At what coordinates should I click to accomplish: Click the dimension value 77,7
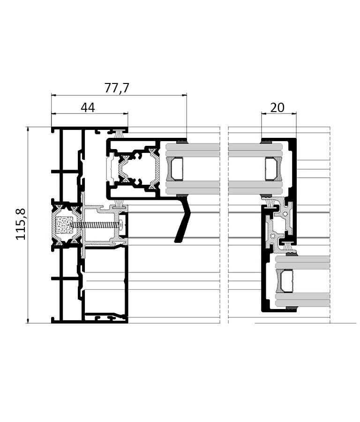tap(117, 88)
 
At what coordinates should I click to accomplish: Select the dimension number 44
tap(88, 108)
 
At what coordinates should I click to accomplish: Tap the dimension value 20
tap(277, 108)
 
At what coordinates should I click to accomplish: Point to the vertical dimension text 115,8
tap(21, 224)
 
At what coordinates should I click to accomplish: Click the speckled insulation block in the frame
tap(64, 225)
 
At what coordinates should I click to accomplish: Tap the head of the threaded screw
tap(122, 225)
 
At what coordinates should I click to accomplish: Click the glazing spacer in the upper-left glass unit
tap(175, 169)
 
